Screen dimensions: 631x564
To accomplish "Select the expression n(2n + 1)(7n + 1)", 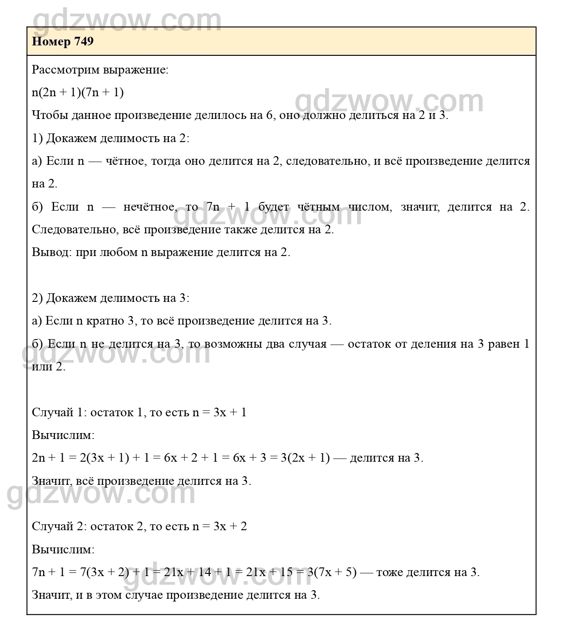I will (78, 93).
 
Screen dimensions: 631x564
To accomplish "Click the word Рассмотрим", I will (66, 70).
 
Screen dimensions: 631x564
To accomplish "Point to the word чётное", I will (124, 161).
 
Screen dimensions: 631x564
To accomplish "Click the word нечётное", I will (149, 207).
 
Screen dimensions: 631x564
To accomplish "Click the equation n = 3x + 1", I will (219, 413).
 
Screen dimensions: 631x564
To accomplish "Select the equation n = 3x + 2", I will (219, 527).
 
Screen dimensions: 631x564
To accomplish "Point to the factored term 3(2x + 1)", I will (305, 458).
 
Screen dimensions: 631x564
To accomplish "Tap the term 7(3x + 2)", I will (105, 572).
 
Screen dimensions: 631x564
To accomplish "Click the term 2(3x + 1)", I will (104, 458).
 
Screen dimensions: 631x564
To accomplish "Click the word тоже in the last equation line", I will (389, 572).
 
